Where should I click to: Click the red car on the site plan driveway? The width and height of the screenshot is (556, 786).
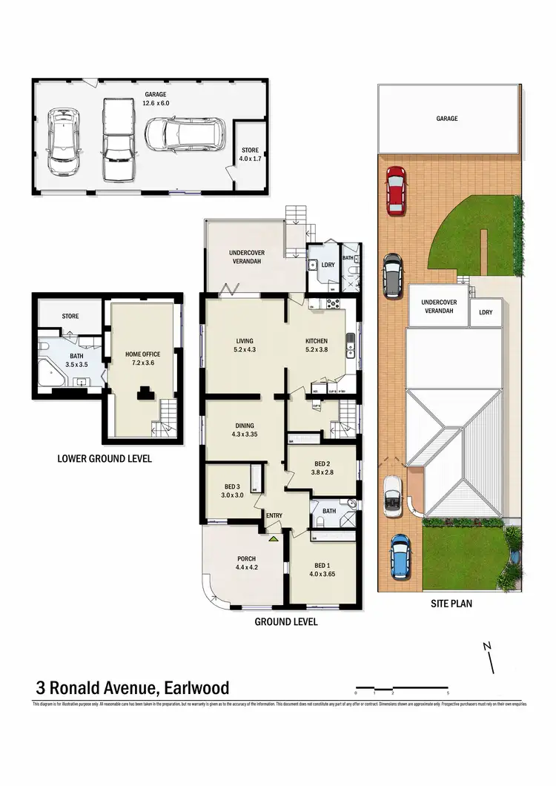click(x=396, y=190)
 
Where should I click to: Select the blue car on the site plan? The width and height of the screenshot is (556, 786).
click(x=400, y=556)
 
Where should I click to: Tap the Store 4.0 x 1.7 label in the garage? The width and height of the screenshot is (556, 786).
click(x=250, y=154)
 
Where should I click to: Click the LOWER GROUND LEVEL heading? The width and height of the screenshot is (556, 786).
click(x=105, y=459)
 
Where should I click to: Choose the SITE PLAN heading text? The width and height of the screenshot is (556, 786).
click(x=451, y=604)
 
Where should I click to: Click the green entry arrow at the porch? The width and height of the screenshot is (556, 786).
click(x=274, y=539)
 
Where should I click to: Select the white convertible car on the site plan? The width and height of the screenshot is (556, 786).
click(x=392, y=496)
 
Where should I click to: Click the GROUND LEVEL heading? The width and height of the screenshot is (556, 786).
click(x=286, y=622)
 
